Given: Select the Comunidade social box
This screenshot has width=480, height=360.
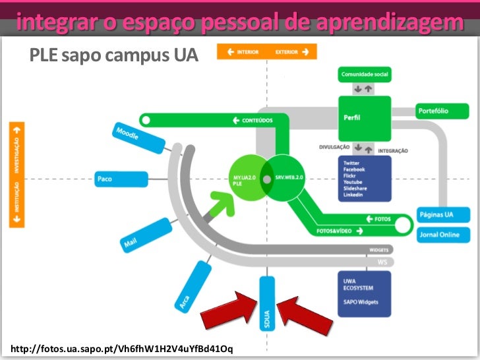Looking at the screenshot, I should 365,75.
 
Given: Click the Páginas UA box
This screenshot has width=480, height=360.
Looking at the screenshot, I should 444,215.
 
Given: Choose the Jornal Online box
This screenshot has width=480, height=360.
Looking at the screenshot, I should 444,235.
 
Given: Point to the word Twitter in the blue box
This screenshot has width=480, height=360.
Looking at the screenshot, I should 351,163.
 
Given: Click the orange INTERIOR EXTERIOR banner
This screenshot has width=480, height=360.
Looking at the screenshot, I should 267,51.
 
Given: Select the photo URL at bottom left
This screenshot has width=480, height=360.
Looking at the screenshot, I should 122,347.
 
